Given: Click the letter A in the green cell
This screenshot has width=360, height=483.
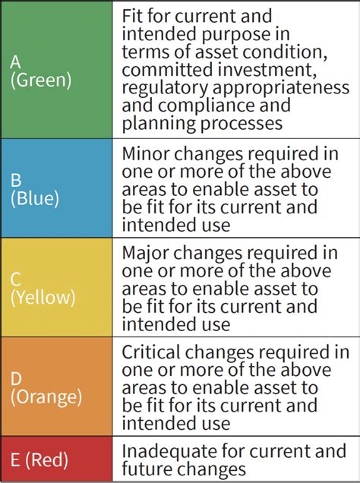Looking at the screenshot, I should pyautogui.click(x=16, y=63).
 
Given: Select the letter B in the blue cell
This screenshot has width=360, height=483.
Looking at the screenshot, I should pyautogui.click(x=15, y=181).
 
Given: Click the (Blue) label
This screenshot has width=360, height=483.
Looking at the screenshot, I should pyautogui.click(x=35, y=198).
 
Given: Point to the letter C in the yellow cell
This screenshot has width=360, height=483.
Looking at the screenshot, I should pyautogui.click(x=15, y=279).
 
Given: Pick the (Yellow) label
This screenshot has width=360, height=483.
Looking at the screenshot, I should pyautogui.click(x=43, y=297).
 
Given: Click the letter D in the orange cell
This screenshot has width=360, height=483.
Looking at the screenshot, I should pyautogui.click(x=16, y=377).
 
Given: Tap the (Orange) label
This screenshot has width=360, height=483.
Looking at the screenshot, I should pyautogui.click(x=46, y=396).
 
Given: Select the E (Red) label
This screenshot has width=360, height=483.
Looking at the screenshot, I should pyautogui.click(x=39, y=459).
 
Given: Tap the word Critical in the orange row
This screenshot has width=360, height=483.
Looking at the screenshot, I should pyautogui.click(x=155, y=352).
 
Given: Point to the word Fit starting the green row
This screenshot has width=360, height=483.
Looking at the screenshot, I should pyautogui.click(x=134, y=15).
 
